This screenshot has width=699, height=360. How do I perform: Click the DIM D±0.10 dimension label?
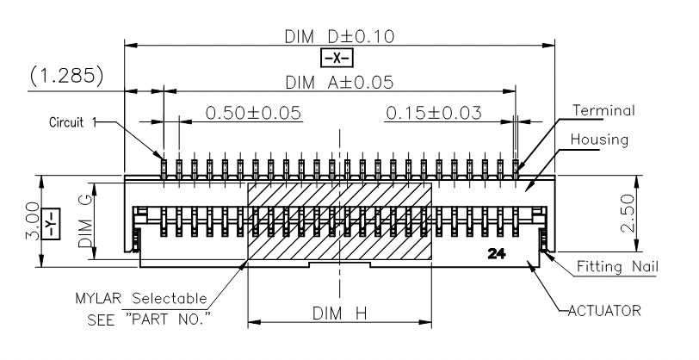[x=340, y=36]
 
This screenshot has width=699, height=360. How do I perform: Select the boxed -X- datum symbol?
[x=337, y=58]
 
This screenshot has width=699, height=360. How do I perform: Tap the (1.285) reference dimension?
[x=67, y=76]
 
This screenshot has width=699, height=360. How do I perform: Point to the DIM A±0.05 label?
[x=339, y=83]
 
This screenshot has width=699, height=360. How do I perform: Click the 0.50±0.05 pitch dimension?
[x=253, y=113]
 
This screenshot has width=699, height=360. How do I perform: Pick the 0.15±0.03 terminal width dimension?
[x=434, y=113]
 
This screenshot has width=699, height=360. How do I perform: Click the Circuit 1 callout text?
[x=72, y=122]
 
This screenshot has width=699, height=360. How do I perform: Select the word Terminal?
[x=603, y=110]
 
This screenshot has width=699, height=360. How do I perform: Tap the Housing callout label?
[x=600, y=140]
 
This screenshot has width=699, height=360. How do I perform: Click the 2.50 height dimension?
[x=628, y=214]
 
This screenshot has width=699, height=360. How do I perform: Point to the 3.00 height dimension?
[x=33, y=220]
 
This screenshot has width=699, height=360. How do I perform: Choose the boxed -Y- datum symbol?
[x=51, y=224]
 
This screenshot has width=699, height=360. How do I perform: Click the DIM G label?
[x=85, y=221]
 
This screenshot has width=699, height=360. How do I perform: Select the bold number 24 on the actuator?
[x=497, y=254]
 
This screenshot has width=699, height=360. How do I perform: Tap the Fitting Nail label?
[x=617, y=267]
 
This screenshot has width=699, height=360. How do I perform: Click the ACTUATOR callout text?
[x=604, y=311]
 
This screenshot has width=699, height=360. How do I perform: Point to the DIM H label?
[x=340, y=313]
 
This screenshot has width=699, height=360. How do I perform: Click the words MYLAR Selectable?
[x=141, y=298]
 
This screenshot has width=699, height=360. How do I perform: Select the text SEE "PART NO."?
[x=149, y=320]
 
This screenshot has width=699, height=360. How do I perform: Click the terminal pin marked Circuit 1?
[x=164, y=169]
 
